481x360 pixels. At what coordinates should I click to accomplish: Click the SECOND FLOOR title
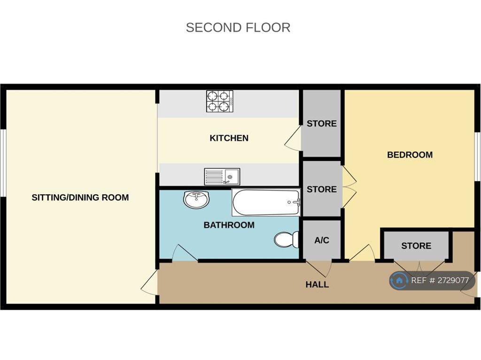click(x=238, y=28)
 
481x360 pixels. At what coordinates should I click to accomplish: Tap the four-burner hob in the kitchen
click(x=220, y=101)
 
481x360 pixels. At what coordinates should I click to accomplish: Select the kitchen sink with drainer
click(x=222, y=176)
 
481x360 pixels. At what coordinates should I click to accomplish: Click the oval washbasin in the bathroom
click(x=196, y=199)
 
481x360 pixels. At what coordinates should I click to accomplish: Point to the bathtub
click(x=266, y=202)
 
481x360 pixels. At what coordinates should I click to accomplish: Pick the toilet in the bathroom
click(x=287, y=239)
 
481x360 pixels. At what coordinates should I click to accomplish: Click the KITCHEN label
click(x=229, y=138)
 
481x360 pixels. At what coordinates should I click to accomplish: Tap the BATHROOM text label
click(x=229, y=225)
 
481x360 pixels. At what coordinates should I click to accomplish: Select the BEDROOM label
click(x=410, y=155)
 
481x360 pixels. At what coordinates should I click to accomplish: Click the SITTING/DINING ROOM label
click(x=80, y=198)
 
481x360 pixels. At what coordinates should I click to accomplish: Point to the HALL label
click(x=317, y=284)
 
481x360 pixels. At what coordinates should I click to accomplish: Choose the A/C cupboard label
click(x=322, y=240)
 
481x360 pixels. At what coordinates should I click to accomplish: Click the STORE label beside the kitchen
click(x=321, y=123)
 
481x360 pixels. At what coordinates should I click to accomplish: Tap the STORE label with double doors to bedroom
click(x=321, y=189)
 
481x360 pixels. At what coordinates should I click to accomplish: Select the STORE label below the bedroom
click(x=416, y=245)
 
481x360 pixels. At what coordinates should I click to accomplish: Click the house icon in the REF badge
click(x=399, y=280)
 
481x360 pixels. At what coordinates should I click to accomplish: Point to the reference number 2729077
click(x=453, y=280)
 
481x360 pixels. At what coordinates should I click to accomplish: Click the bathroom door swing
click(x=185, y=253)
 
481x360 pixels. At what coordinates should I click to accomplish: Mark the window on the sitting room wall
click(x=3, y=163)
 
